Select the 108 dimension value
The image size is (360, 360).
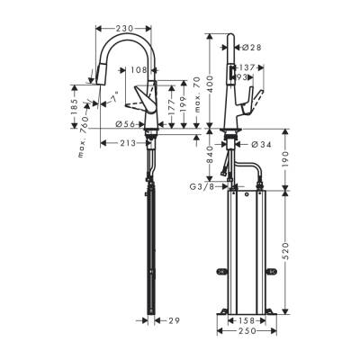[139, 69]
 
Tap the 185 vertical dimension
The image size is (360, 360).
[76, 103]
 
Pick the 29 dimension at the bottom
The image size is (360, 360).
[175, 319]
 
